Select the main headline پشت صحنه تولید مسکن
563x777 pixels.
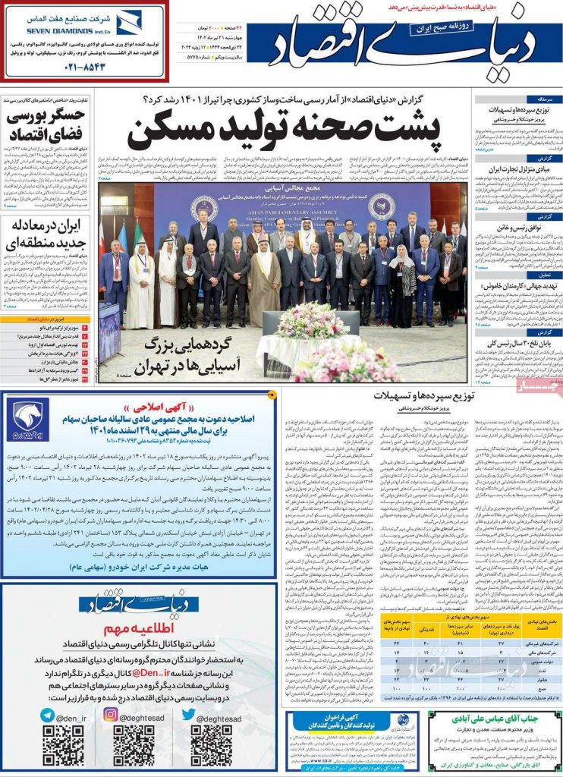(x=284, y=131)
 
